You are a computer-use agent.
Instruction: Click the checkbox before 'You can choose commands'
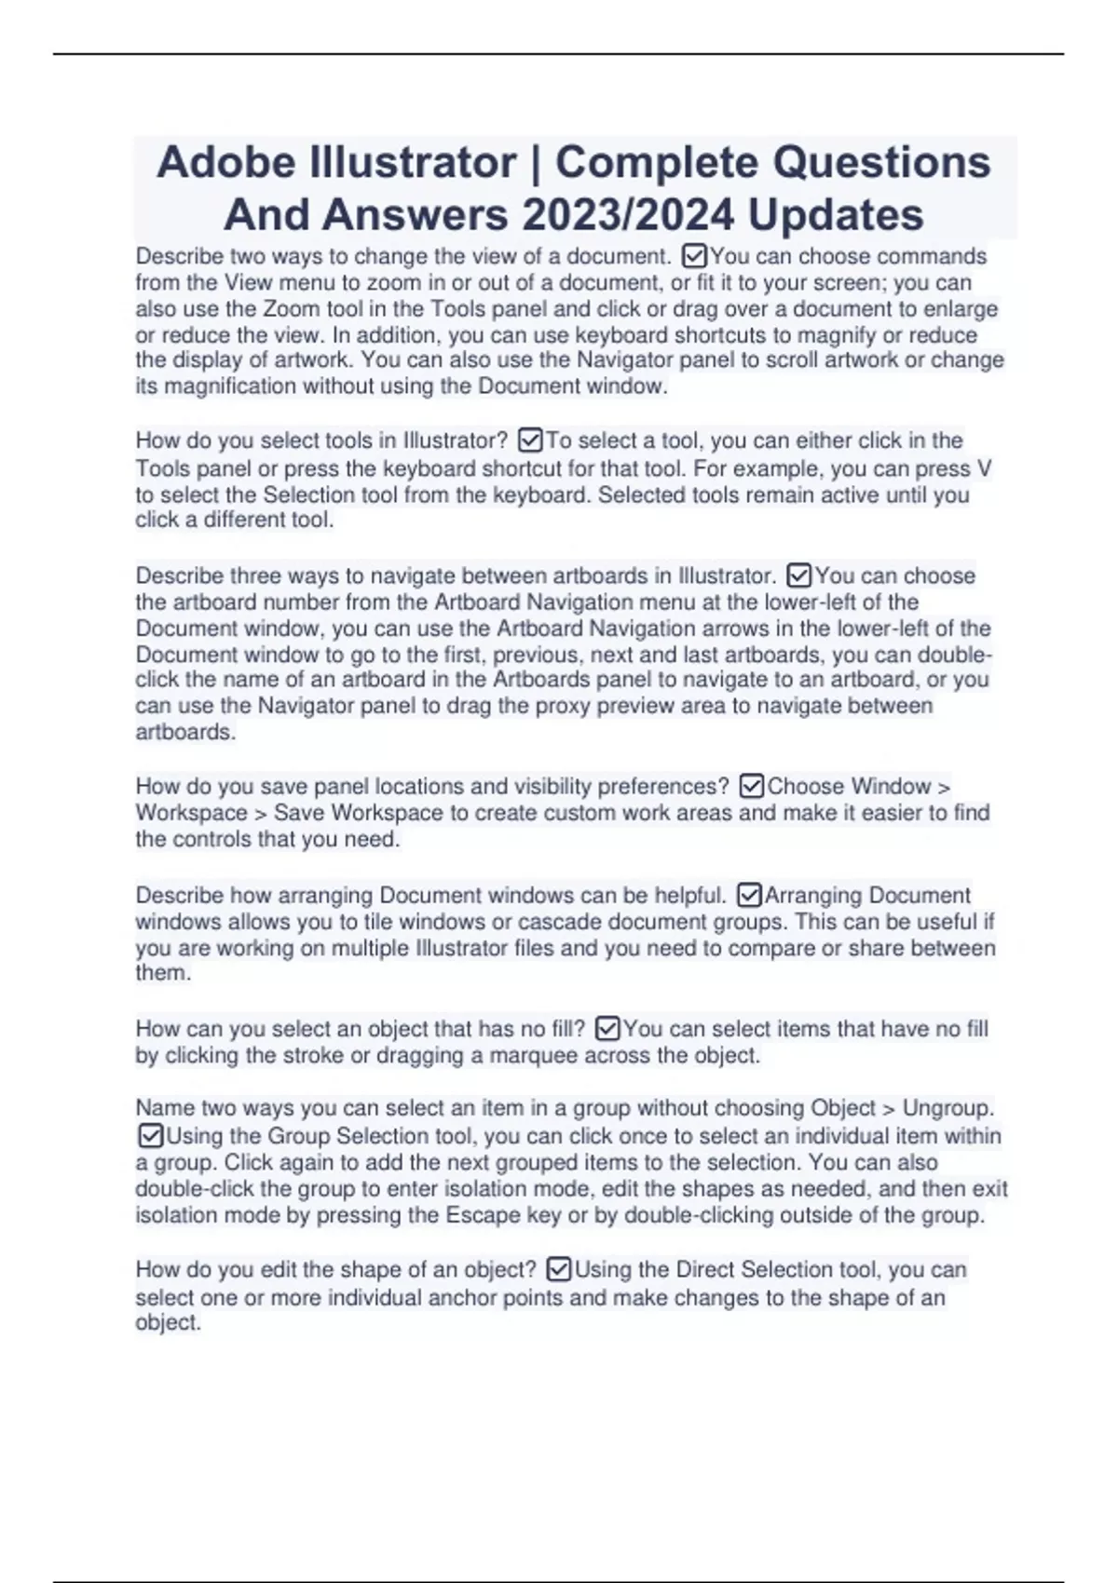pos(695,255)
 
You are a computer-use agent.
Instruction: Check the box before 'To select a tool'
pos(530,440)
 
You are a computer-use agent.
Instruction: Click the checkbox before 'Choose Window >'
pos(752,787)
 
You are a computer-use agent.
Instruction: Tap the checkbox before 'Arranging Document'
pos(749,896)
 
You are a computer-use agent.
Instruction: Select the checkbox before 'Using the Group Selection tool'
pos(150,1136)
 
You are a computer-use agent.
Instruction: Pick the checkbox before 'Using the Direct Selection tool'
pos(559,1269)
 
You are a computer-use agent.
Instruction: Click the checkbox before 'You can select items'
pos(607,1029)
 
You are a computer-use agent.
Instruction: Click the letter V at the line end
pos(985,468)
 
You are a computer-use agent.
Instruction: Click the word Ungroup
pos(947,1108)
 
